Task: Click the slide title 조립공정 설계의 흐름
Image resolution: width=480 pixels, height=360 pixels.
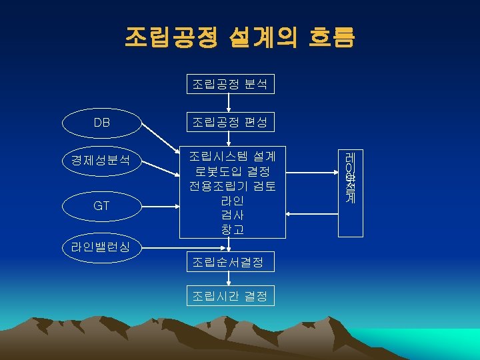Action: pyautogui.click(x=239, y=37)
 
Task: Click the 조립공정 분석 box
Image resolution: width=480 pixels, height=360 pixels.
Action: pyautogui.click(x=229, y=84)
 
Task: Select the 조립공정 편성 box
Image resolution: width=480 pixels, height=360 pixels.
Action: pyautogui.click(x=229, y=123)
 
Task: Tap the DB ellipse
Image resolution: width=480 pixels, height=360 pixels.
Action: pyautogui.click(x=101, y=123)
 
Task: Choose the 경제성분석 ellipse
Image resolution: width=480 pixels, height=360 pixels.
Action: pyautogui.click(x=101, y=160)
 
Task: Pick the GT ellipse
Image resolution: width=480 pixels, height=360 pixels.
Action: pyautogui.click(x=101, y=206)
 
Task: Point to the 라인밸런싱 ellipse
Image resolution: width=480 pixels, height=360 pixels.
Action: pyautogui.click(x=101, y=247)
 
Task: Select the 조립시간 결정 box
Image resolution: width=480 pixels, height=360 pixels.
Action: pyautogui.click(x=229, y=295)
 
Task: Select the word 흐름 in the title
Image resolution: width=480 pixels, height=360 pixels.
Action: pyautogui.click(x=331, y=37)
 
